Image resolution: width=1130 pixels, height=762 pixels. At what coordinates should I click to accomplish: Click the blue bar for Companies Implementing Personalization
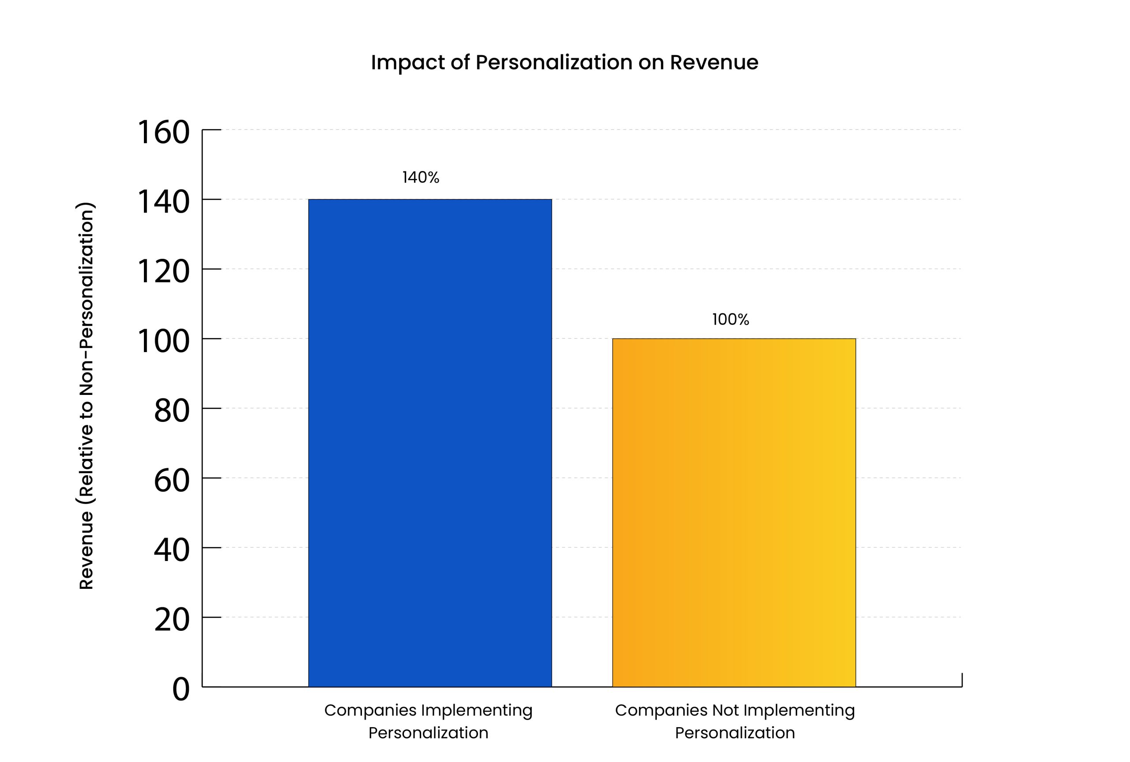coord(430,442)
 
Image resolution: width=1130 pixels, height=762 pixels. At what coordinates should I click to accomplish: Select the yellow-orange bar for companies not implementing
coord(734,512)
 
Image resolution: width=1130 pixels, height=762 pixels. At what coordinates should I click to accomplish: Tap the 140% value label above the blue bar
coord(421,178)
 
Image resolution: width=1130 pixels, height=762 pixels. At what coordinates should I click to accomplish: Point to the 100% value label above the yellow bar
coord(731,319)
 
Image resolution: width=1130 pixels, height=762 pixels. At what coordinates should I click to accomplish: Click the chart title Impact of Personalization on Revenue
coord(564,62)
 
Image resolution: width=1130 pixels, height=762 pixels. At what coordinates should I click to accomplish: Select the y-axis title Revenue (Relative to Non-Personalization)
coord(86,396)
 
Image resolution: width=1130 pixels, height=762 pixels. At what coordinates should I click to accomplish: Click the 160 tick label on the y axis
coord(164,132)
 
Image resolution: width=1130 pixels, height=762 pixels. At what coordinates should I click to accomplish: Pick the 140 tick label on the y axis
coord(164,202)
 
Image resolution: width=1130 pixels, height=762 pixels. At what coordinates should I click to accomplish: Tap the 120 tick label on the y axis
coord(164,271)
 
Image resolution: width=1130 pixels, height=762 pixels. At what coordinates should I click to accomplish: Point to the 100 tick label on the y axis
coord(164,341)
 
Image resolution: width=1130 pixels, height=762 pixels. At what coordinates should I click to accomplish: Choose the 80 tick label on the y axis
coord(171,411)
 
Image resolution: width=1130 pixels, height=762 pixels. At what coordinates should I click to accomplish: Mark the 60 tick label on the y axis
coord(171,480)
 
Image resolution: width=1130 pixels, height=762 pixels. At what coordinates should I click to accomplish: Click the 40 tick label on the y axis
coord(171,550)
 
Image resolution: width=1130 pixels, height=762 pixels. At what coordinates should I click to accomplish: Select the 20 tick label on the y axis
coord(171,620)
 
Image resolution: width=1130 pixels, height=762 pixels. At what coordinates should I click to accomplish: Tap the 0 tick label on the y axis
coord(181,689)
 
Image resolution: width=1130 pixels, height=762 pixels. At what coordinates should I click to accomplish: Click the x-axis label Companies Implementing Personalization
coord(428,721)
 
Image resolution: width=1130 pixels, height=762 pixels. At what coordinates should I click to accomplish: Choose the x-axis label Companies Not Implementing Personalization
coord(734,721)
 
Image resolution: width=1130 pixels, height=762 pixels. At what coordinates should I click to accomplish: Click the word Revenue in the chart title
coord(714,62)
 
